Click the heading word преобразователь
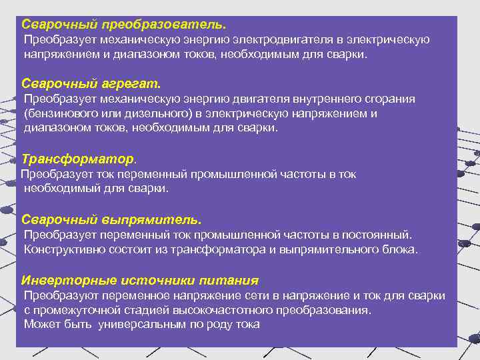pos(163,24)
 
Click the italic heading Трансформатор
pos(77,159)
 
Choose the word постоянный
pos(378,235)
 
